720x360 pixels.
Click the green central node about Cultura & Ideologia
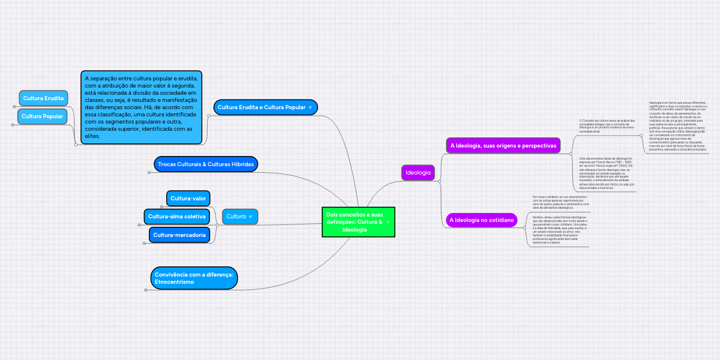354,222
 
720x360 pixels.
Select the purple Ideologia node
418,173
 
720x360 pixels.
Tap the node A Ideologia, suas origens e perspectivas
503,146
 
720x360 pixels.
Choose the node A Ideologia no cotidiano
482,220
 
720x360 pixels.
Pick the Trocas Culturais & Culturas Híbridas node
206,164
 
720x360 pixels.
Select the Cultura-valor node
188,198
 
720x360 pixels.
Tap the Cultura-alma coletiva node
176,216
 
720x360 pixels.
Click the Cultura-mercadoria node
179,235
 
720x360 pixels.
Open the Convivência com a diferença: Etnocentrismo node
194,278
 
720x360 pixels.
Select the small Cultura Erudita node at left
43,98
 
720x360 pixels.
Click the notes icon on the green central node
388,222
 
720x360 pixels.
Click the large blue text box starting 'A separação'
142,107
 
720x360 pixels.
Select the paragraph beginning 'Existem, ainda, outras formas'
560,229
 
